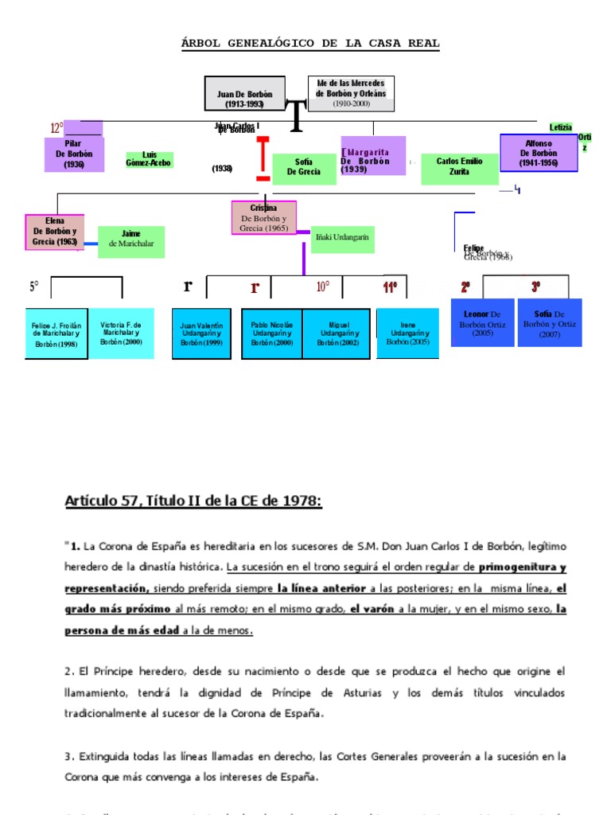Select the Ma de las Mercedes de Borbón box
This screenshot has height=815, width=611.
coord(351,93)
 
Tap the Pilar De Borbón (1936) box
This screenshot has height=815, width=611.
coord(74,154)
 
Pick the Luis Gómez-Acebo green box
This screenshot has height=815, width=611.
coord(150,159)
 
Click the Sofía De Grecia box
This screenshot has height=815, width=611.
coord(304,169)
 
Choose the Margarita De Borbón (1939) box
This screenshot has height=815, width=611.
coord(373,156)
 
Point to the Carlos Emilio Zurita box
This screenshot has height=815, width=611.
coord(459,168)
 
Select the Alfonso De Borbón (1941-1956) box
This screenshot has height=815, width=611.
coord(539,153)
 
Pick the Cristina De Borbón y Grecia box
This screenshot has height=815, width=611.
coord(263,218)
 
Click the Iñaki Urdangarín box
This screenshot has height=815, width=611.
coord(342,238)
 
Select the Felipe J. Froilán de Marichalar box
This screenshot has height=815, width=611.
coord(56,334)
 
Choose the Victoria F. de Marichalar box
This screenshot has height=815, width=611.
coord(121,333)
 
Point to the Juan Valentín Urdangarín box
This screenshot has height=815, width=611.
coord(201,334)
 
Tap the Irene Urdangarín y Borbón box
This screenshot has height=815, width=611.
coord(408,333)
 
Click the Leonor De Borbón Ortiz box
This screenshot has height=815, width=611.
coord(482,322)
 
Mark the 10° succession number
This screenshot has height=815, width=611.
coord(323,287)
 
